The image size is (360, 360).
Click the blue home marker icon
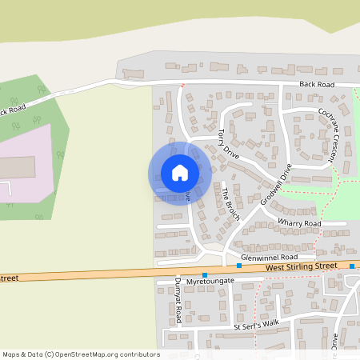[180, 173]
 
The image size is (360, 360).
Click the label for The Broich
[230, 202]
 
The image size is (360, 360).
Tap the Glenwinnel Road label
[274, 257]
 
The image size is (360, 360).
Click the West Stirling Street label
[303, 268]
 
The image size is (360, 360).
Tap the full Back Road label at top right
[316, 84]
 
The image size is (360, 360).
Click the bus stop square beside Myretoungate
[205, 275]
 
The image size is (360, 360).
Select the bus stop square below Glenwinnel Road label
[238, 266]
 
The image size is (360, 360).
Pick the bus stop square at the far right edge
[352, 266]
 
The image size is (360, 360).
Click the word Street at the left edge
[9, 278]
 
